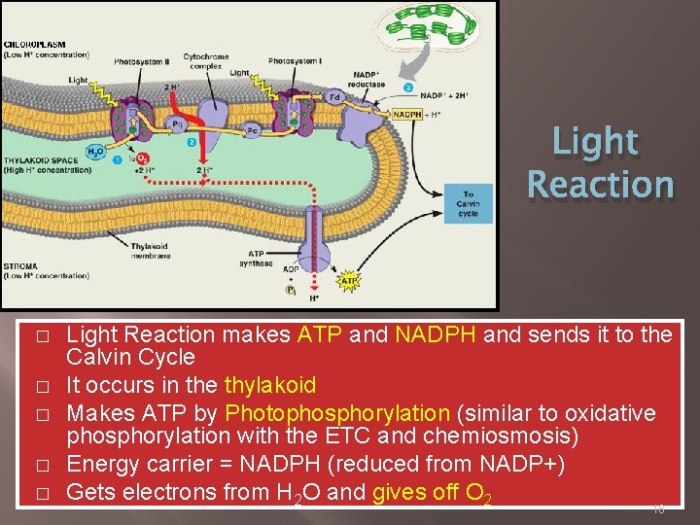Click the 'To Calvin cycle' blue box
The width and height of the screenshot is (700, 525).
(x=468, y=203)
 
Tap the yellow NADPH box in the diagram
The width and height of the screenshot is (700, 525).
(x=406, y=114)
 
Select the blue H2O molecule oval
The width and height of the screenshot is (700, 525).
(x=96, y=152)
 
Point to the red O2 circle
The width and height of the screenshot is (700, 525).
(x=143, y=158)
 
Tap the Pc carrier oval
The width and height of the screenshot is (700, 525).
(x=252, y=128)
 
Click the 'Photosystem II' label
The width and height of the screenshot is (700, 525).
(x=142, y=61)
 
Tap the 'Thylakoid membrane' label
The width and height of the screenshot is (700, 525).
(x=152, y=251)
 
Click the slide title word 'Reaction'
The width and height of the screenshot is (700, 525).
(x=600, y=183)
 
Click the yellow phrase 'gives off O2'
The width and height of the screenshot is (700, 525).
(x=432, y=493)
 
